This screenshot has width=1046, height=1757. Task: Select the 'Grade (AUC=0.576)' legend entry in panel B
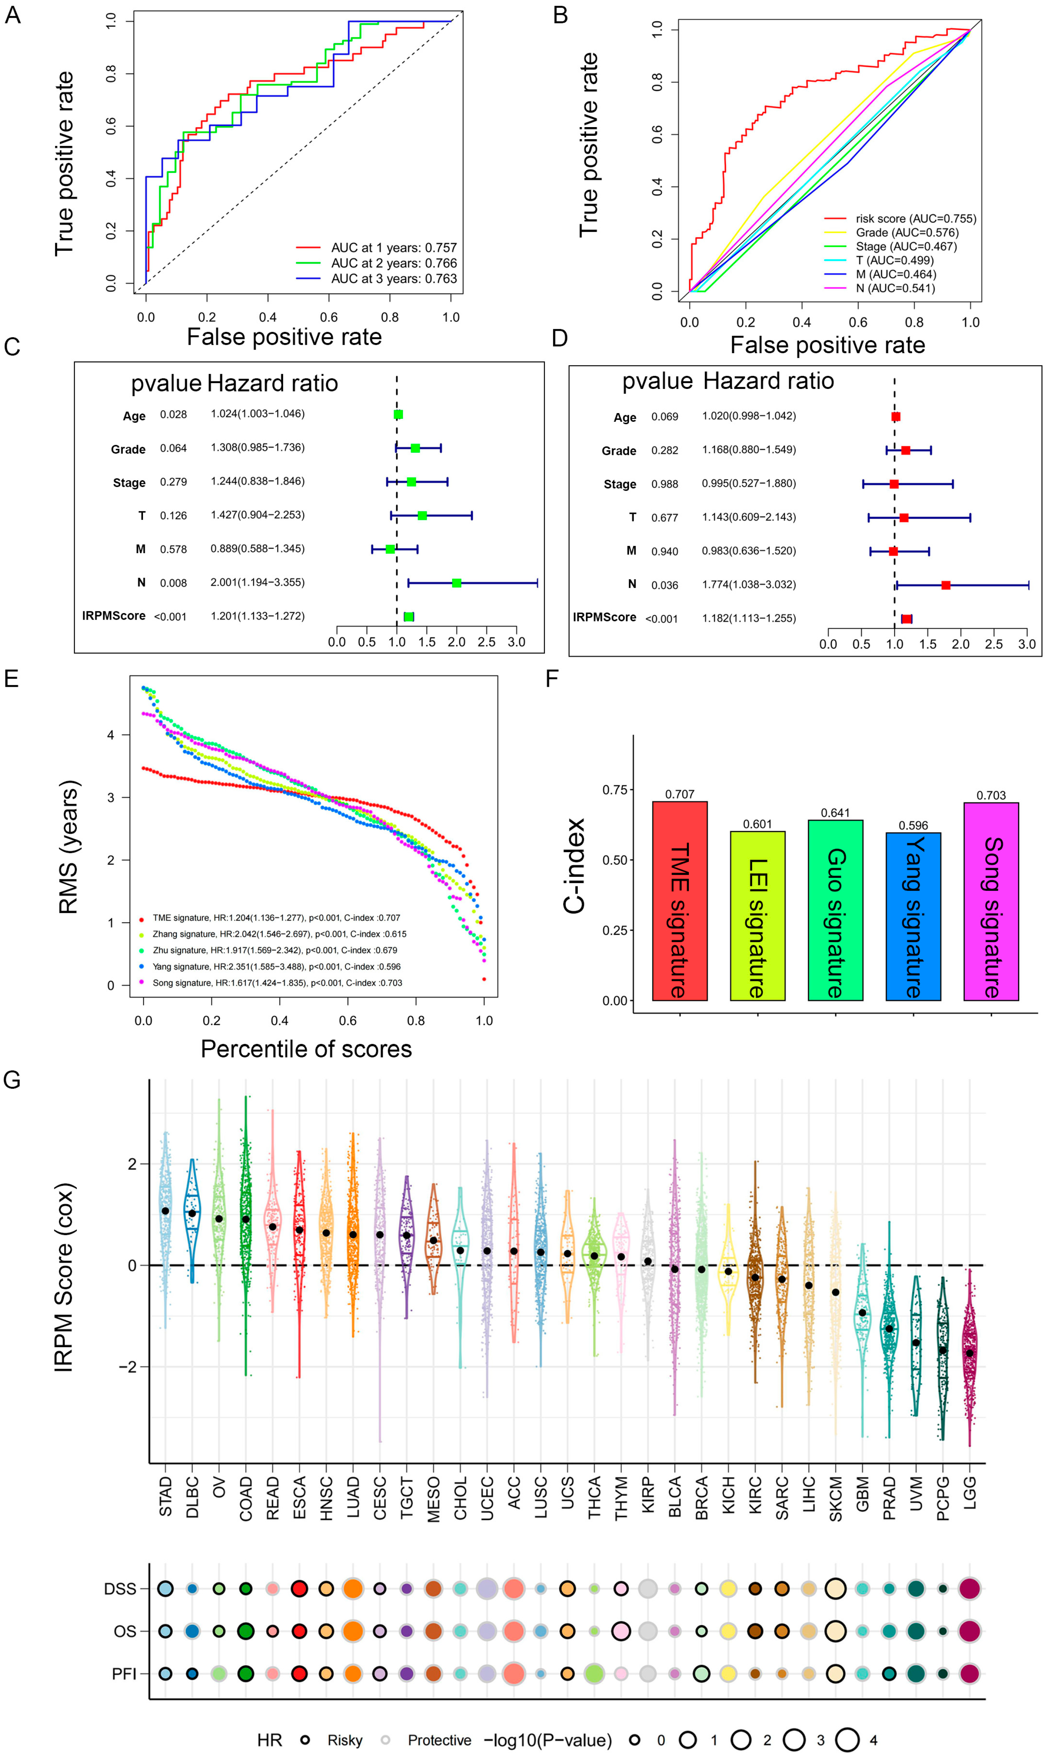point(906,233)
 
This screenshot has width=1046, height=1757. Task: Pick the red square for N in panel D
point(945,585)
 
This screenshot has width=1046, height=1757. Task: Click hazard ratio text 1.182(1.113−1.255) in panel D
point(748,618)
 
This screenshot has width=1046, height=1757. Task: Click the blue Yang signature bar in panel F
point(913,916)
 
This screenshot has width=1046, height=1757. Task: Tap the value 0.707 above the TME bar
point(680,794)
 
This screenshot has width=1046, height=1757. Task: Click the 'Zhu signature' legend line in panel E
point(275,950)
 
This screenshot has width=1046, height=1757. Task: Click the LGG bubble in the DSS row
point(970,1589)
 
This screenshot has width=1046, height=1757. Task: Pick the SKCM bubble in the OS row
point(835,1631)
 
